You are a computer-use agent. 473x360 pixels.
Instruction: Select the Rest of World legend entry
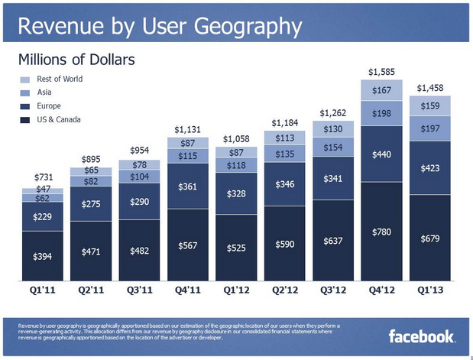coord(59,79)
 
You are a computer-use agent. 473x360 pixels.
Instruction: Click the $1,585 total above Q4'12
coord(382,72)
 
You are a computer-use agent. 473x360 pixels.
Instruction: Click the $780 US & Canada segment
coord(382,232)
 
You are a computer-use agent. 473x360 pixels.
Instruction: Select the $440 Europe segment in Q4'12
coord(382,155)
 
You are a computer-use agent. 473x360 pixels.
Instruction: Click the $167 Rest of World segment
coord(382,92)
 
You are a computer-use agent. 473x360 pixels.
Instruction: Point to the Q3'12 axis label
coord(335,290)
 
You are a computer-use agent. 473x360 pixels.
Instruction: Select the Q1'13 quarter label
coord(429,290)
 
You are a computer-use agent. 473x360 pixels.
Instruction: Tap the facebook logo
coord(422,336)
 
